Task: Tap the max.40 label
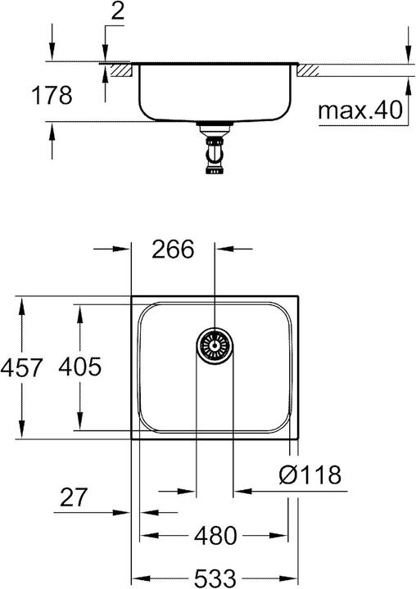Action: (x=361, y=110)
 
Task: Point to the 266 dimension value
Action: (x=173, y=250)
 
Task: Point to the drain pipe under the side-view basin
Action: (x=214, y=151)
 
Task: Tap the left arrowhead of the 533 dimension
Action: (x=138, y=577)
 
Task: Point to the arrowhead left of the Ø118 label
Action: (x=240, y=492)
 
